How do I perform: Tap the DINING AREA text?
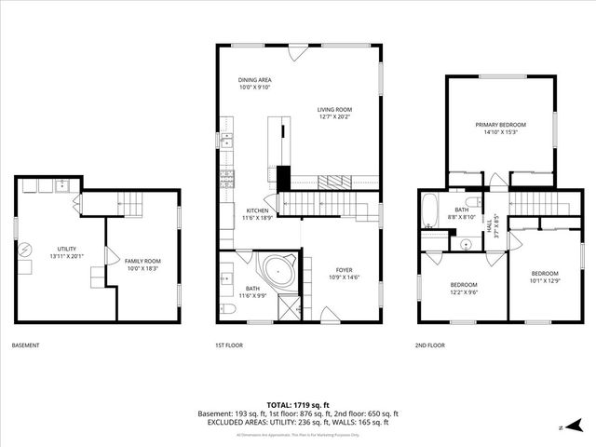[x=254, y=80]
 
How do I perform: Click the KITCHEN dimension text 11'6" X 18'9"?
[x=258, y=217]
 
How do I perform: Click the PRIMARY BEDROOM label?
[x=500, y=125]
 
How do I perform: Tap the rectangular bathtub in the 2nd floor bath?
[x=428, y=211]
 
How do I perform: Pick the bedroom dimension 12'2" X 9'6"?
[x=464, y=291]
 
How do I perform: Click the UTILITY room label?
[x=66, y=249]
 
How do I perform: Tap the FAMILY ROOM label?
[x=143, y=261]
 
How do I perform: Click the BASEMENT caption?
[x=25, y=345]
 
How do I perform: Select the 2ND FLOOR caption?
[x=430, y=345]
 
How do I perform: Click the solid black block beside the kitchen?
[x=284, y=177]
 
